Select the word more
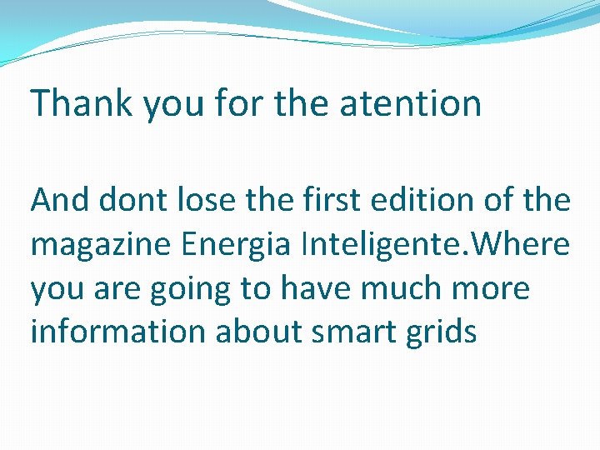494,288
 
